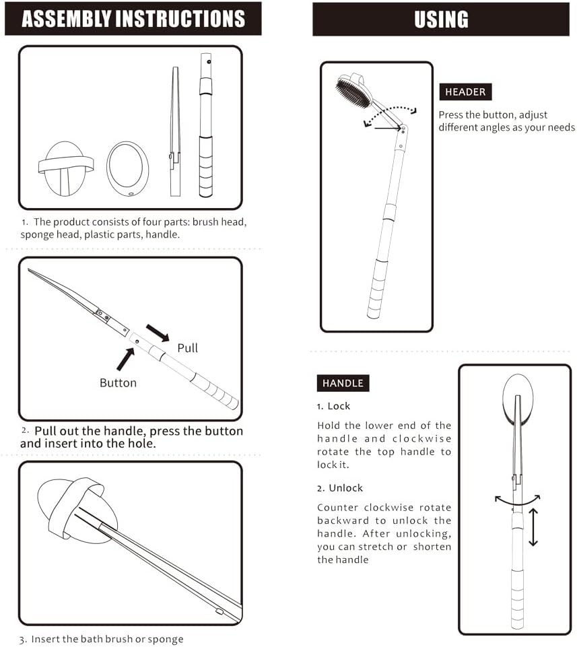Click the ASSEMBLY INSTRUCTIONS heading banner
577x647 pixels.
pos(133,19)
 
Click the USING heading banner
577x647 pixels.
pos(441,20)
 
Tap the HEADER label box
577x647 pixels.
pos(465,92)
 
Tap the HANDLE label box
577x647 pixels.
pos(343,383)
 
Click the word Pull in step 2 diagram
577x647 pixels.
pos(187,348)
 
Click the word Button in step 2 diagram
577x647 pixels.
pos(118,382)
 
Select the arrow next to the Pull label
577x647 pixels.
pos(158,332)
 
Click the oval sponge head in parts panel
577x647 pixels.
pos(127,169)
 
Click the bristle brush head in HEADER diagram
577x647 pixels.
pos(353,91)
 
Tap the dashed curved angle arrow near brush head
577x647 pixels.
pos(391,113)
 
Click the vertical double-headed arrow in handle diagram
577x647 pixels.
pos(533,527)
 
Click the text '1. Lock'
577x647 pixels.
pos(334,406)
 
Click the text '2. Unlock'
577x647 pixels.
pos(340,487)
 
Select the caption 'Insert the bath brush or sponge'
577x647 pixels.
pos(106,638)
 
